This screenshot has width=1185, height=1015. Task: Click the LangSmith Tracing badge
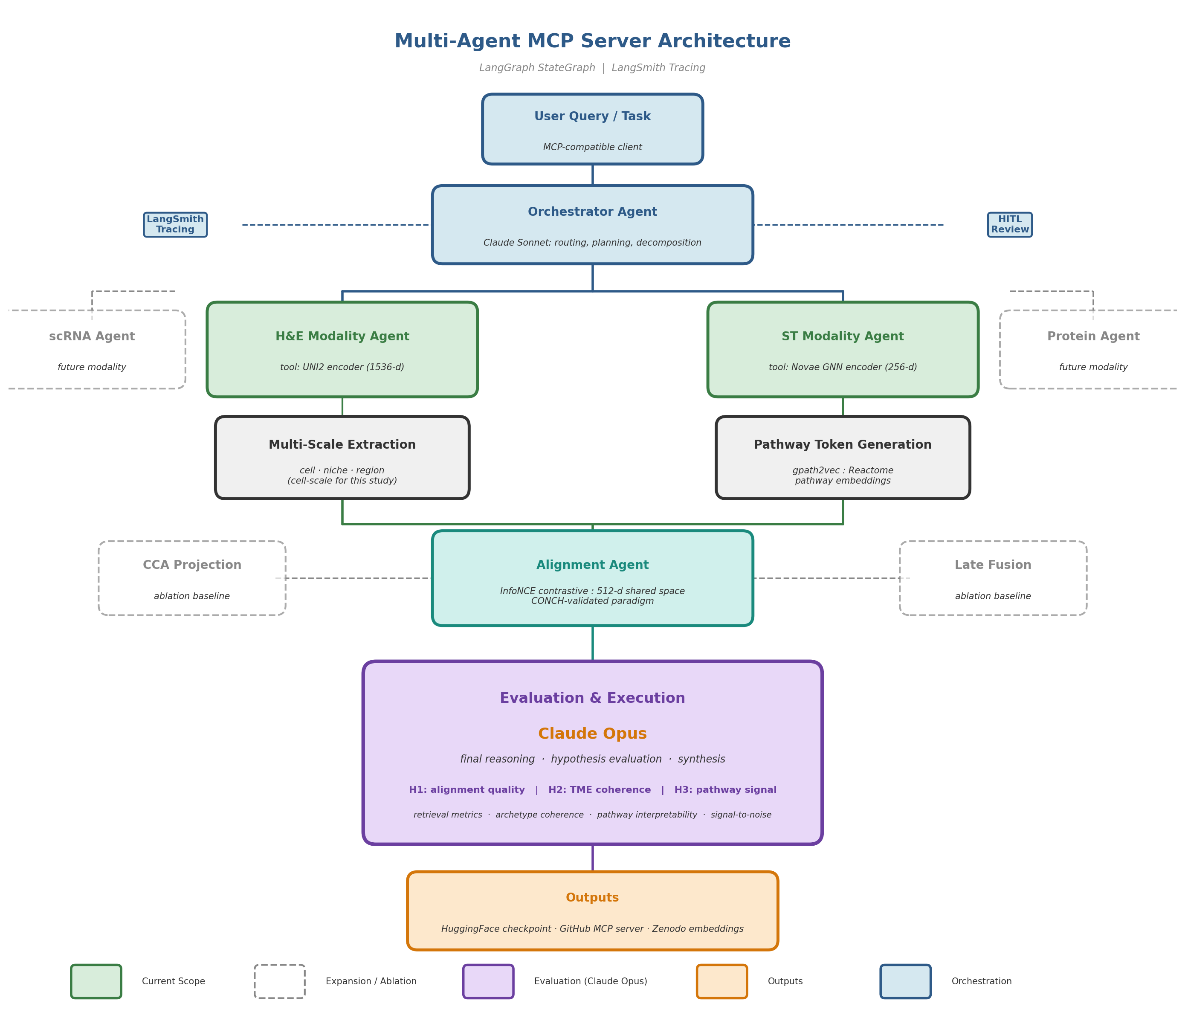coord(175,225)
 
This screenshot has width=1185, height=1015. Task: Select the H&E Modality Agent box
coord(342,349)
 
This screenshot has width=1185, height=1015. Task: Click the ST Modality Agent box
coord(843,349)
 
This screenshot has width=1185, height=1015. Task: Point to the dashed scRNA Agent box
coord(92,349)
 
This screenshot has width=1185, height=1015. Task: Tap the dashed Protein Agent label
coord(1093,336)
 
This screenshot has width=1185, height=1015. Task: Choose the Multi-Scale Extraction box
coord(342,458)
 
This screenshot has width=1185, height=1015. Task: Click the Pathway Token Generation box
coord(843,458)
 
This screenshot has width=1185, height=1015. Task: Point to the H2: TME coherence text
coord(600,790)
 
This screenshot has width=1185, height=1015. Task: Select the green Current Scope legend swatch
coord(96,981)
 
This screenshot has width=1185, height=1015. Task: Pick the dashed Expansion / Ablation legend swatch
coord(280,981)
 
